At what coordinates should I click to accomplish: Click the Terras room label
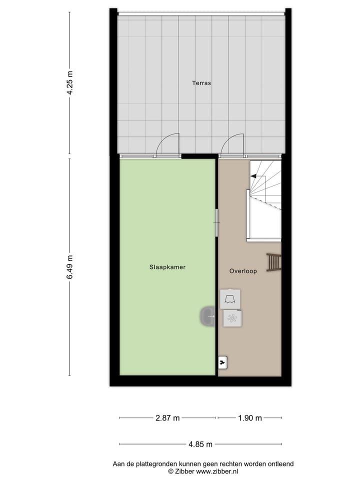point(201,83)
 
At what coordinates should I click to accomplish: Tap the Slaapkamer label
point(167,267)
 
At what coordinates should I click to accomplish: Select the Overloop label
point(243,271)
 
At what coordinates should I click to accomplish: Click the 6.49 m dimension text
point(70,266)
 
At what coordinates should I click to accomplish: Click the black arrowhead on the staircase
point(253,175)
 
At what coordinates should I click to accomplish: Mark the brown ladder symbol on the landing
point(273,262)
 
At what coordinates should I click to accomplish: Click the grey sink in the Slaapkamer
point(207,317)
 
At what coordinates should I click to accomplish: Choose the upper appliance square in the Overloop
point(230,298)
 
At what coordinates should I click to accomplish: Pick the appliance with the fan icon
point(232,318)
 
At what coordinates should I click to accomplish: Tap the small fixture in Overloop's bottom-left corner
point(223,361)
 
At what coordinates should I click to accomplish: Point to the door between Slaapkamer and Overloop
point(216,222)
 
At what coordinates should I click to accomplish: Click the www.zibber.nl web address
point(217,471)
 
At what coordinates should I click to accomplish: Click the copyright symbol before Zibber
point(170,471)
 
